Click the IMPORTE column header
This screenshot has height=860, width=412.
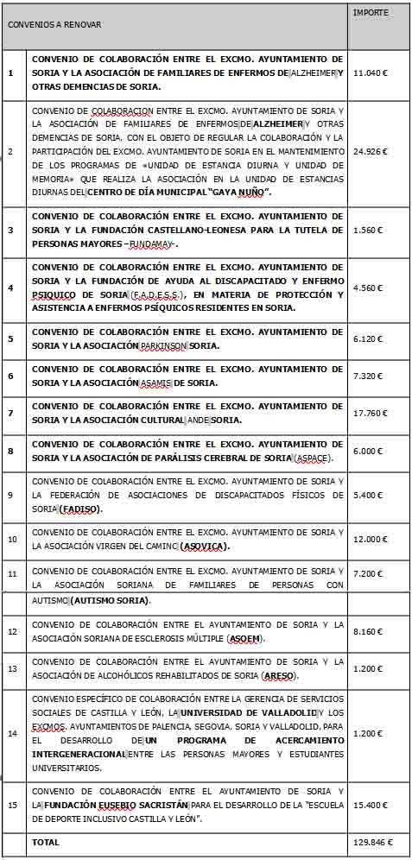371,13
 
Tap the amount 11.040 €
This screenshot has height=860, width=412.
371,73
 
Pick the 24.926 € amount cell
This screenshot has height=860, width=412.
371,152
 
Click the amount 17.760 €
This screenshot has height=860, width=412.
371,413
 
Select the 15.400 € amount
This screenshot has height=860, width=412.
371,805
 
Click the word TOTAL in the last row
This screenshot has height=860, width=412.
46,841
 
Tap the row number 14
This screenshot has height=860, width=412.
10,733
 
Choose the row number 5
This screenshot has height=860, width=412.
10,338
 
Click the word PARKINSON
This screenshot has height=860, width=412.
163,346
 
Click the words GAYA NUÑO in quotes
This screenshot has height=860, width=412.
241,192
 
